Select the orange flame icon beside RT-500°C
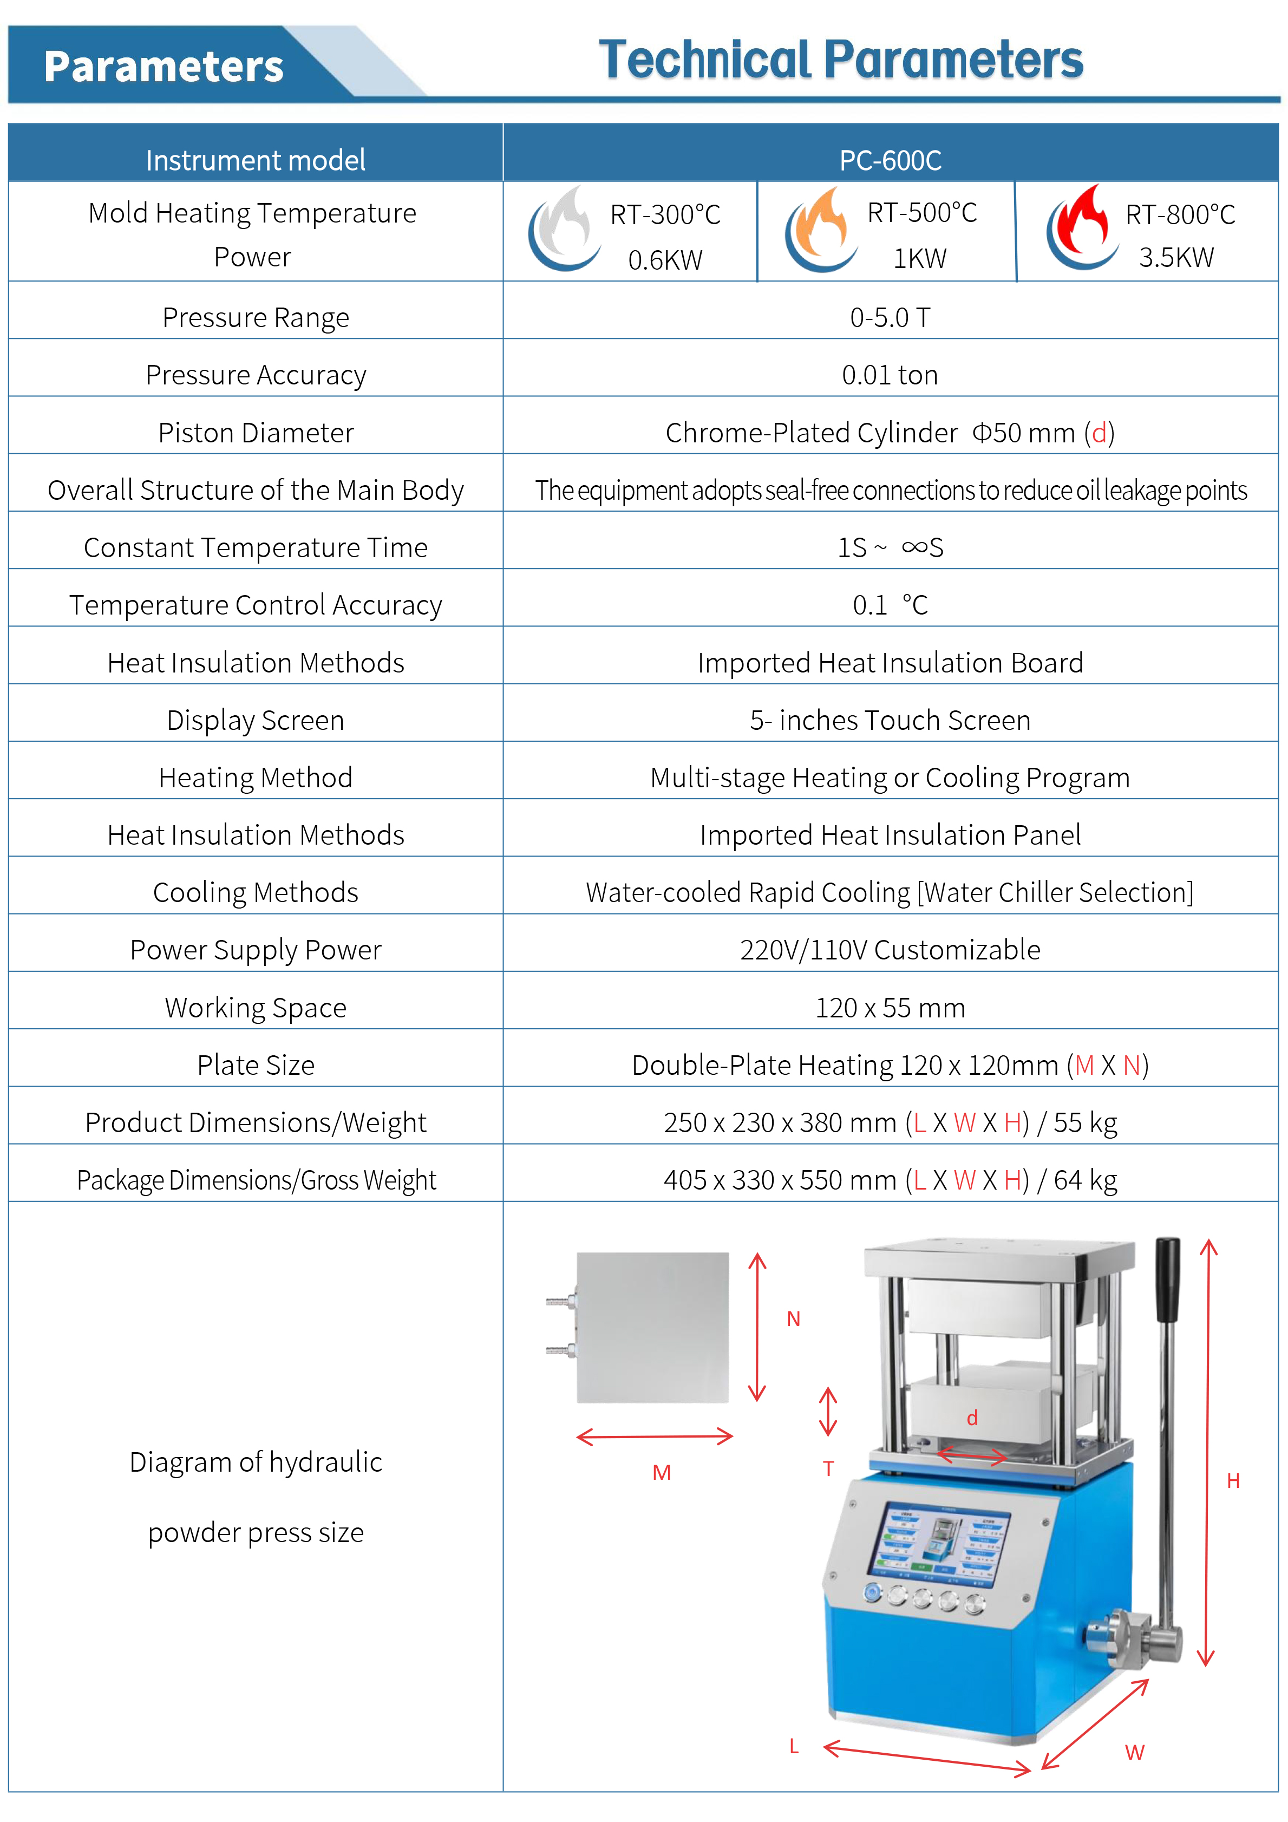(821, 230)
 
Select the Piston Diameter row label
(256, 433)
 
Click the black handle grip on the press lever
(1167, 1278)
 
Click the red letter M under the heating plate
(661, 1473)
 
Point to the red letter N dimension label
(793, 1319)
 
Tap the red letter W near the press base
(1135, 1752)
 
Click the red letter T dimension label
(828, 1469)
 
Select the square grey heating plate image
(652, 1327)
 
